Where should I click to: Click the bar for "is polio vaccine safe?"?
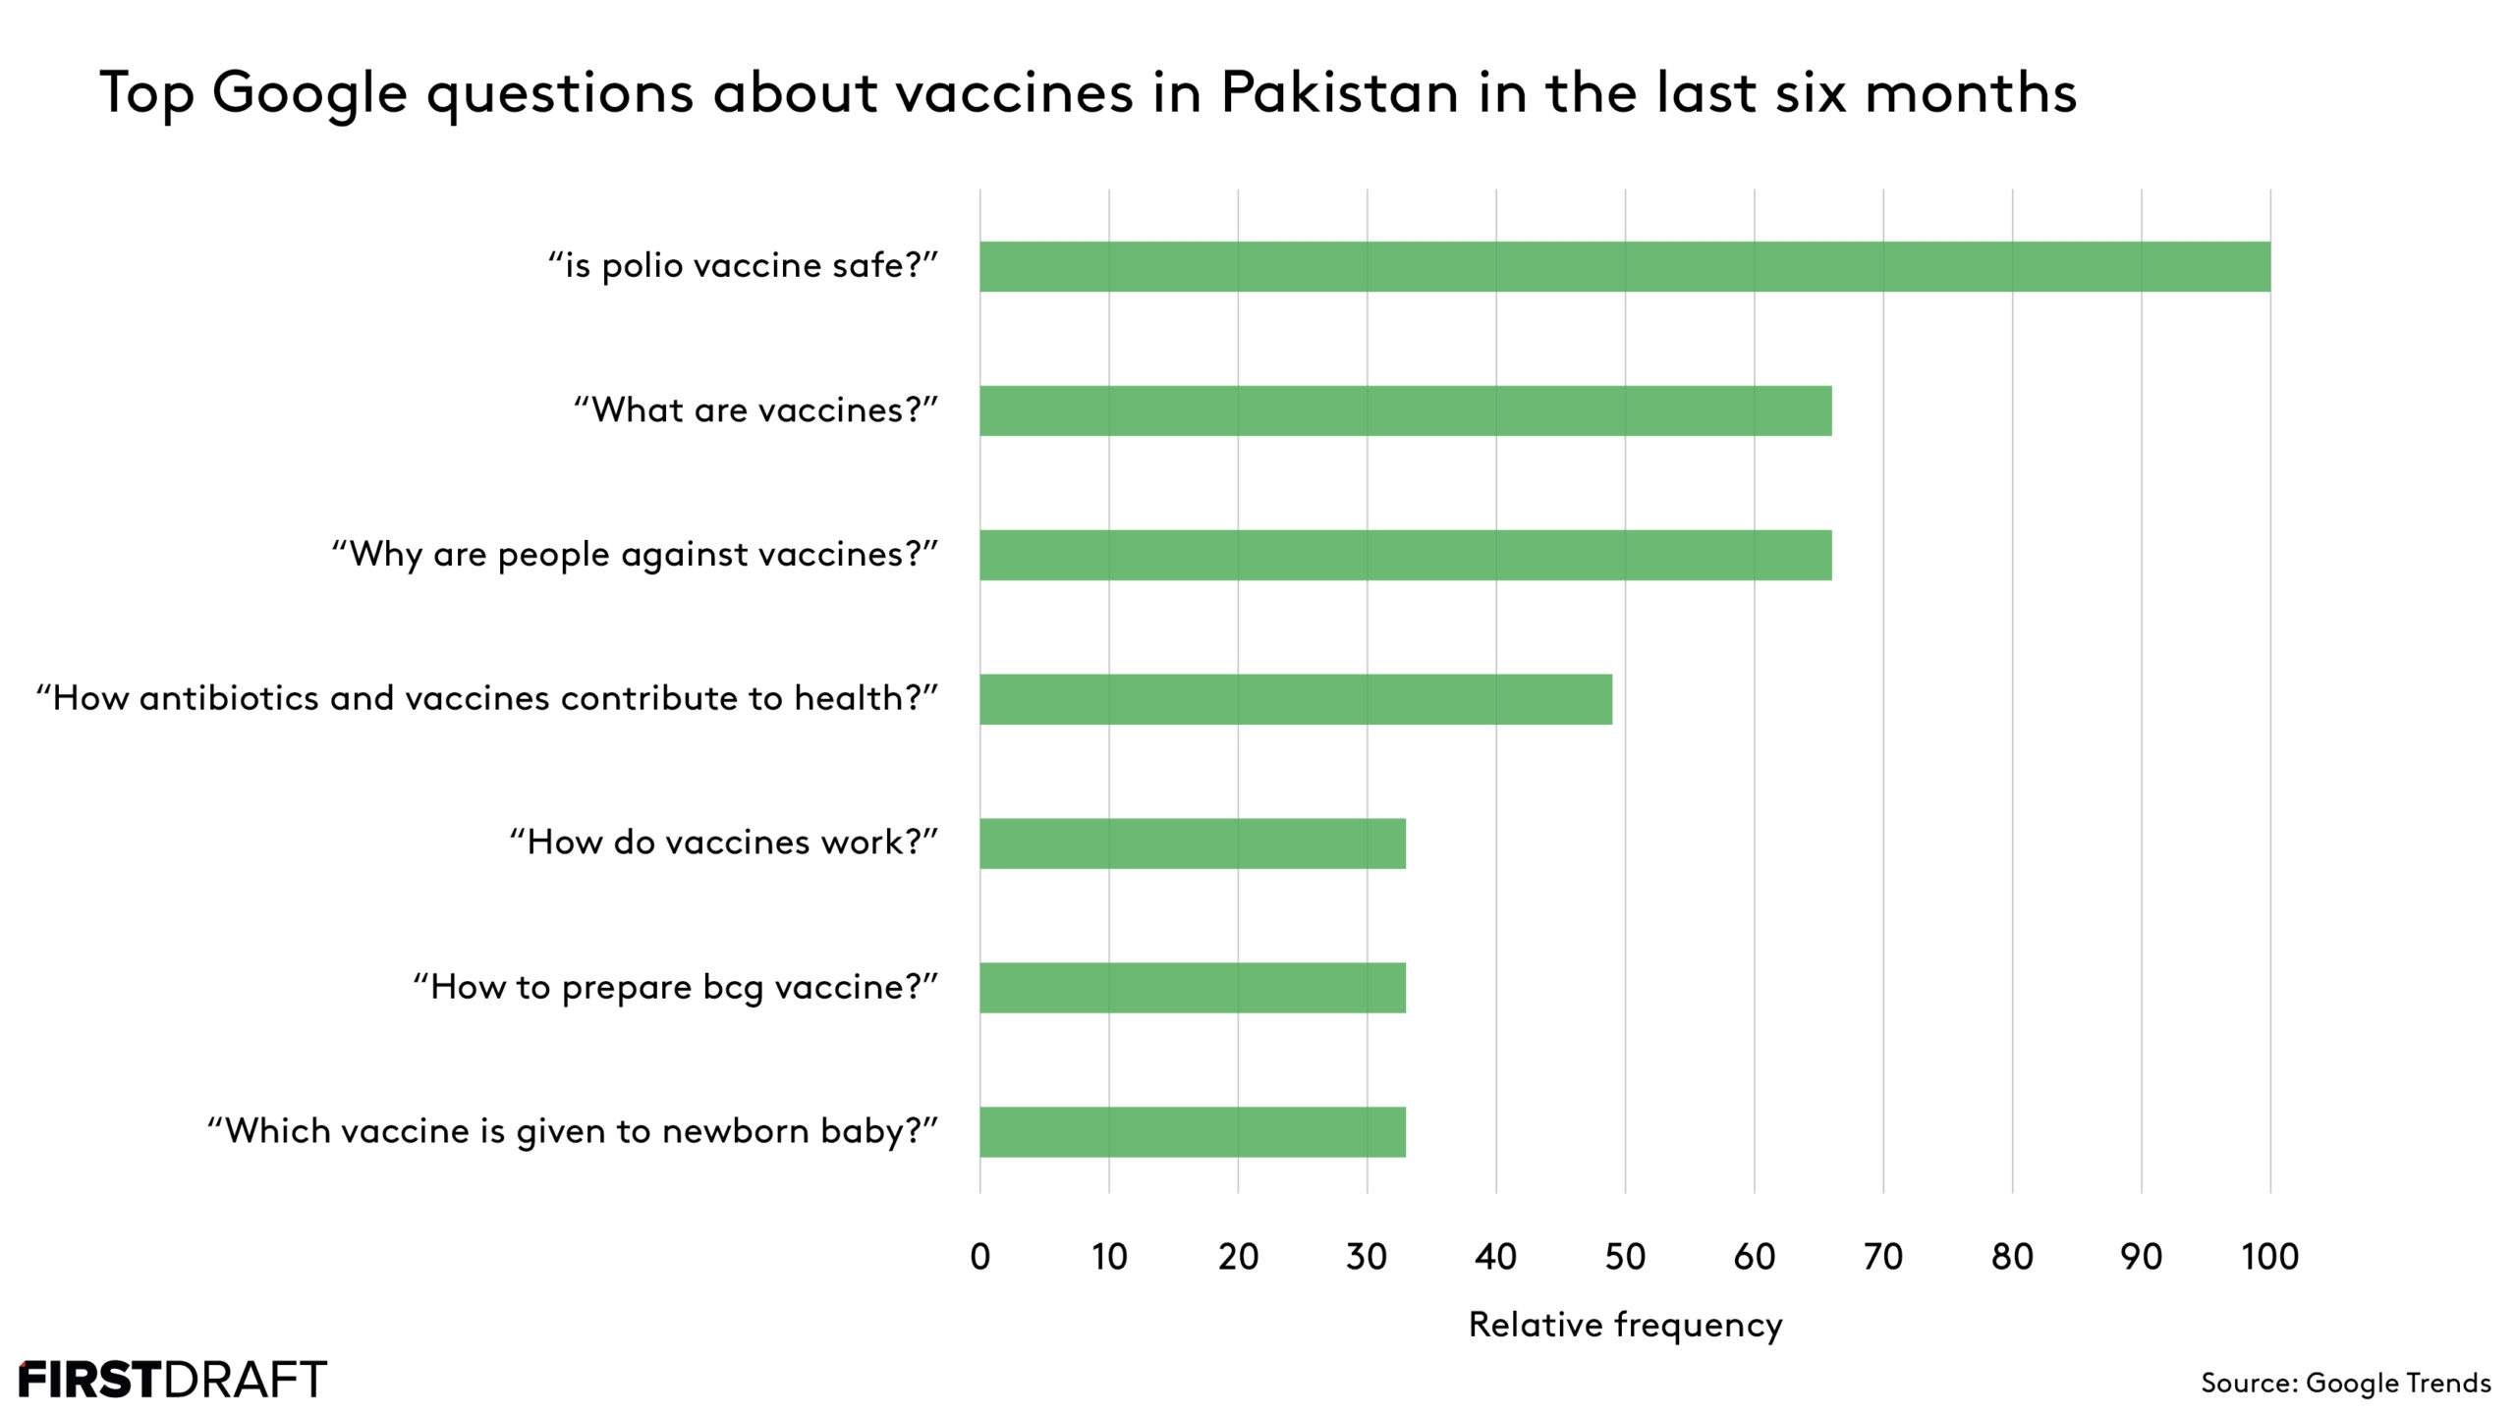[x=1625, y=266]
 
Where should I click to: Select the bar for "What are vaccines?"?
[x=1405, y=410]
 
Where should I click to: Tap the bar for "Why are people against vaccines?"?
[x=1405, y=555]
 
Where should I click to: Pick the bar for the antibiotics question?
[x=1295, y=699]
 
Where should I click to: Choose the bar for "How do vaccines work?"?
[x=1192, y=843]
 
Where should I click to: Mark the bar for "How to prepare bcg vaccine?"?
[x=1192, y=988]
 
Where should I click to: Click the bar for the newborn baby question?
[x=1192, y=1132]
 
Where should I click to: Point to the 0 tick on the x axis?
[x=979, y=1257]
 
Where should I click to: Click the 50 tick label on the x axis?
[x=1625, y=1257]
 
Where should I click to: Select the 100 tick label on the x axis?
[x=2269, y=1257]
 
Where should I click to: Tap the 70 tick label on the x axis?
[x=1882, y=1257]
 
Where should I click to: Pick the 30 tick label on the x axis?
[x=1367, y=1257]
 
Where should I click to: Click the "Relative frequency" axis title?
[x=1625, y=1325]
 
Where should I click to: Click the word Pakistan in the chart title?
[x=1339, y=93]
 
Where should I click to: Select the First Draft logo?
[x=173, y=1380]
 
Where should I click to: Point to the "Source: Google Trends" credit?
[x=2345, y=1383]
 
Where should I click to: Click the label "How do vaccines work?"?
[x=723, y=843]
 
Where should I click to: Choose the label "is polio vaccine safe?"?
[x=743, y=266]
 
